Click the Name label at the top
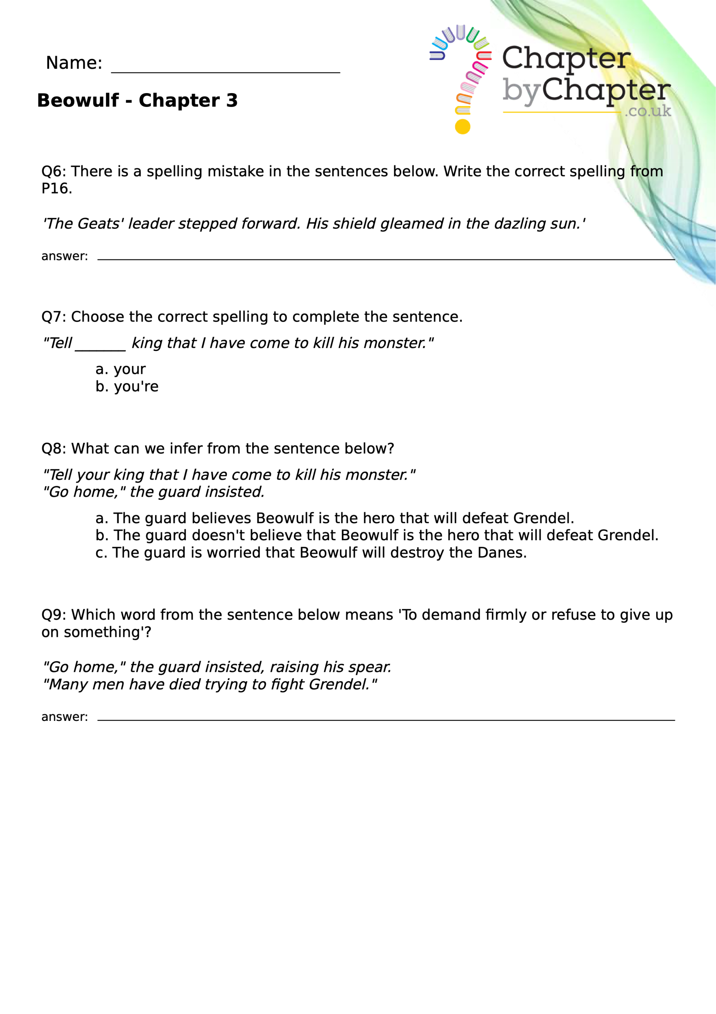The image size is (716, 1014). click(x=74, y=63)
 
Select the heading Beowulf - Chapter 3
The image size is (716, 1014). click(x=137, y=101)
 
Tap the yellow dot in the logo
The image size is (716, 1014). click(x=462, y=127)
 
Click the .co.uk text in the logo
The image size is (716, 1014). click(x=648, y=111)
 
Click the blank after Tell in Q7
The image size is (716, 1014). click(x=101, y=343)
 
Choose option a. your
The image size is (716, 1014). click(x=120, y=369)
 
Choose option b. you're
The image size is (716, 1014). click(x=127, y=387)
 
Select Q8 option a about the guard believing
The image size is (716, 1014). click(x=334, y=518)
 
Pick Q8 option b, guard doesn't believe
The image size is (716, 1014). click(x=376, y=535)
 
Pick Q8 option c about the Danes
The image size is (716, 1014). click(x=311, y=553)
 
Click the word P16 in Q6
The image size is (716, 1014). click(x=56, y=189)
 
